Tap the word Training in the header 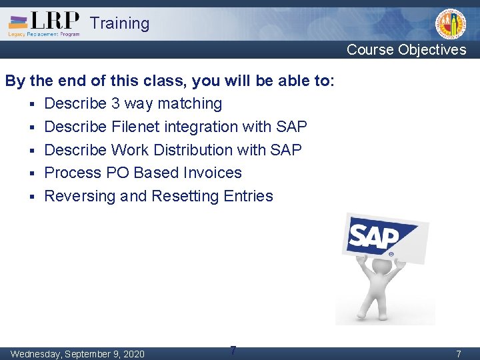(119, 23)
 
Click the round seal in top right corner (451, 25)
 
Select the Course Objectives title (406, 50)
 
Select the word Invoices (211, 173)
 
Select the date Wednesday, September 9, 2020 (77, 353)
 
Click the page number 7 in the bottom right (458, 354)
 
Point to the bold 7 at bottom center (233, 350)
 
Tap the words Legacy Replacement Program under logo (44, 34)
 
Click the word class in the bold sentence (163, 81)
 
